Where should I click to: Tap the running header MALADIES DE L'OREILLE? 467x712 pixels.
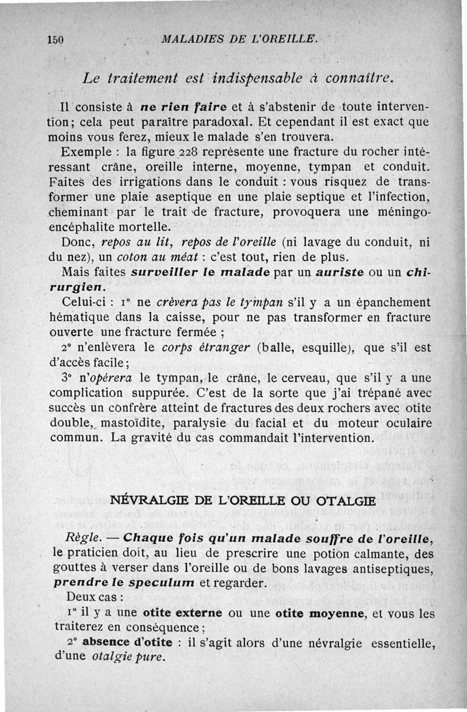239,40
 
